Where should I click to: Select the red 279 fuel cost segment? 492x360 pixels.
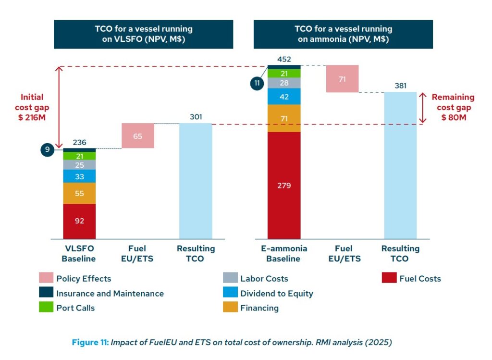point(283,185)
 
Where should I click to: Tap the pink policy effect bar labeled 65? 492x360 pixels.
point(138,136)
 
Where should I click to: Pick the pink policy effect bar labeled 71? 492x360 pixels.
point(342,79)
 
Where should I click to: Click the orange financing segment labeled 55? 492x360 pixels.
point(79,193)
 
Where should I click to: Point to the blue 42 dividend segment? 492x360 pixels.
point(283,96)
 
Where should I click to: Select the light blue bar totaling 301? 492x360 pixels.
point(195,181)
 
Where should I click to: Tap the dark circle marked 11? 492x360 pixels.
point(257,83)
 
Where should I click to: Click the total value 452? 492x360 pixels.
point(284,60)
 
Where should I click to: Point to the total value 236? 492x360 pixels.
point(79,142)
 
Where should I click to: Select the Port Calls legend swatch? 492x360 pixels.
point(46,308)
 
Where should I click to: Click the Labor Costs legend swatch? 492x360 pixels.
point(230,278)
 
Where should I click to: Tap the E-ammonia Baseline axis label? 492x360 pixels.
point(283,254)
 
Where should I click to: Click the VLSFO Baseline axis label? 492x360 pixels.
point(79,254)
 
